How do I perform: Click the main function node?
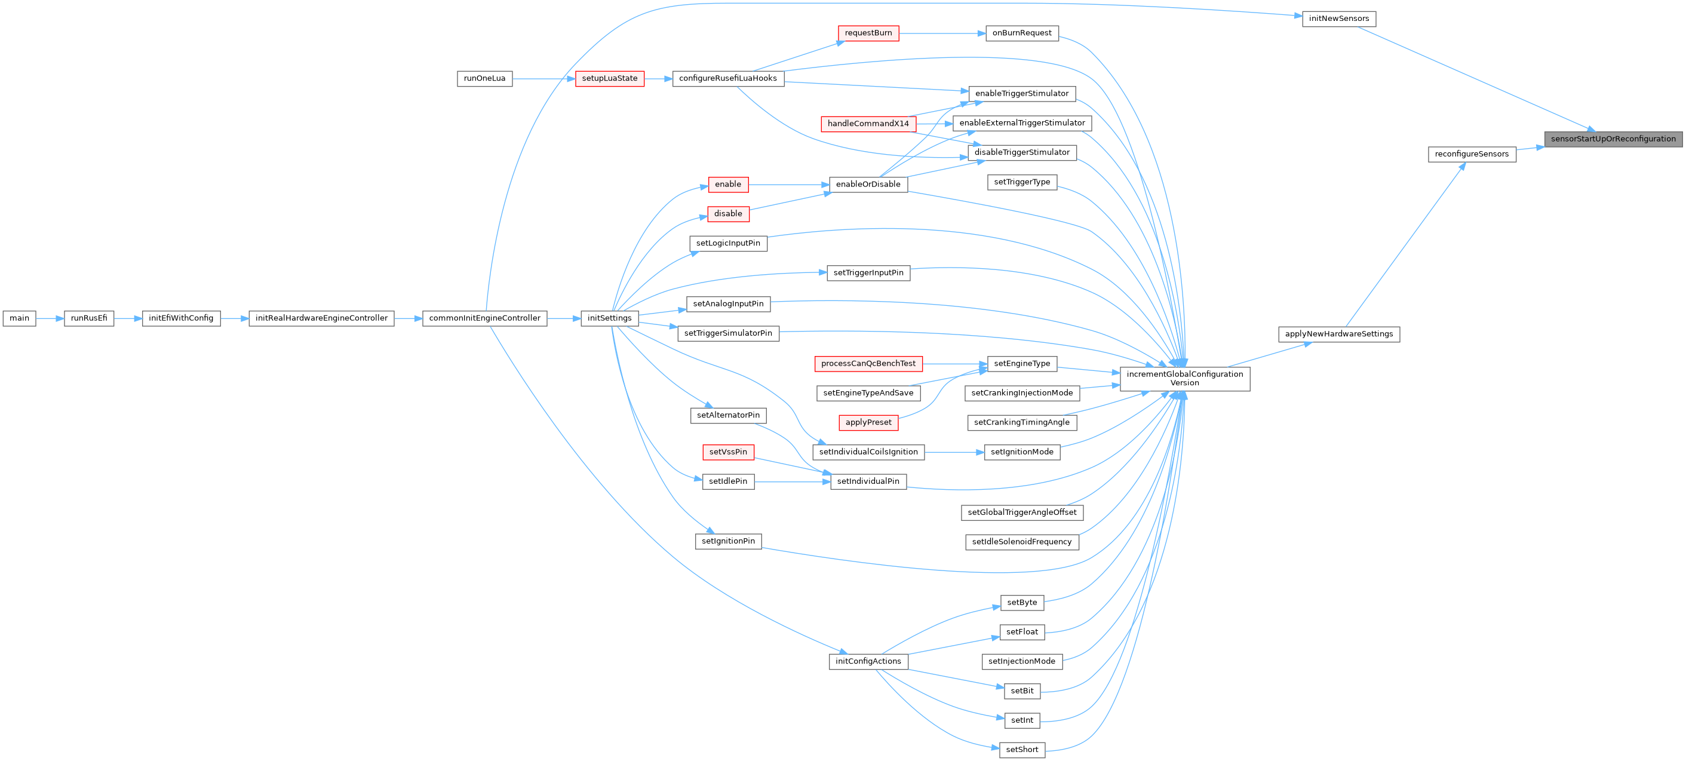pos(19,318)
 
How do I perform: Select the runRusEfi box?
pos(89,318)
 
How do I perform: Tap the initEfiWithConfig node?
pos(180,318)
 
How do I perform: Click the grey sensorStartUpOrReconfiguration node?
pos(1613,139)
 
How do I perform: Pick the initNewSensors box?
pos(1338,19)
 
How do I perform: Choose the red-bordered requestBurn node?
pos(868,33)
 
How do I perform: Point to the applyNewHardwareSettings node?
pos(1338,335)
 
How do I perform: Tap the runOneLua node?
pos(484,78)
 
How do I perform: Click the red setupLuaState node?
pos(609,78)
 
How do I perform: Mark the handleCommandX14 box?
pos(868,124)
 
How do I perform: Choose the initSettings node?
pos(609,318)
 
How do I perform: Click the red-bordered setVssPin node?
pos(728,452)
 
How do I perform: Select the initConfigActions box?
pos(868,661)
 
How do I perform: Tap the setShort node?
pos(1022,750)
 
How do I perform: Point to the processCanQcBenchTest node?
pos(868,364)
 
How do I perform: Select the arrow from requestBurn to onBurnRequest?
pos(942,33)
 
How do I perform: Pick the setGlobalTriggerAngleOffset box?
pos(1022,513)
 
